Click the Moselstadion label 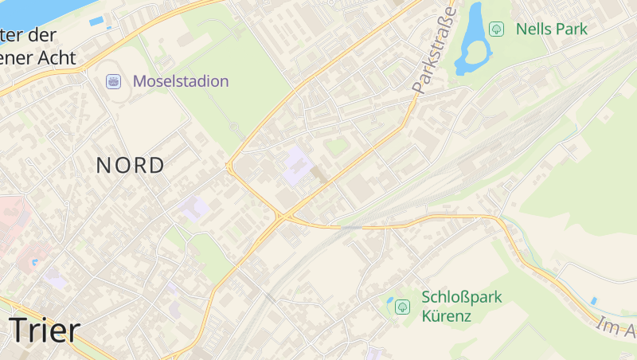(x=181, y=81)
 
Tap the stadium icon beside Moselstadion (x=114, y=81)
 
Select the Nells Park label (x=551, y=29)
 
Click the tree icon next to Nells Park (x=497, y=29)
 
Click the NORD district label (x=131, y=166)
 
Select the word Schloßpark (x=462, y=297)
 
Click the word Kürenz (x=447, y=316)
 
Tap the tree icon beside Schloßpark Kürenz (x=403, y=306)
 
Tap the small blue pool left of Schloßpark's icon (x=390, y=303)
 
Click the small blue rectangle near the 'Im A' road (x=593, y=300)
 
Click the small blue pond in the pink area (x=33, y=261)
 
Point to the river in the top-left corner (x=32, y=10)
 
